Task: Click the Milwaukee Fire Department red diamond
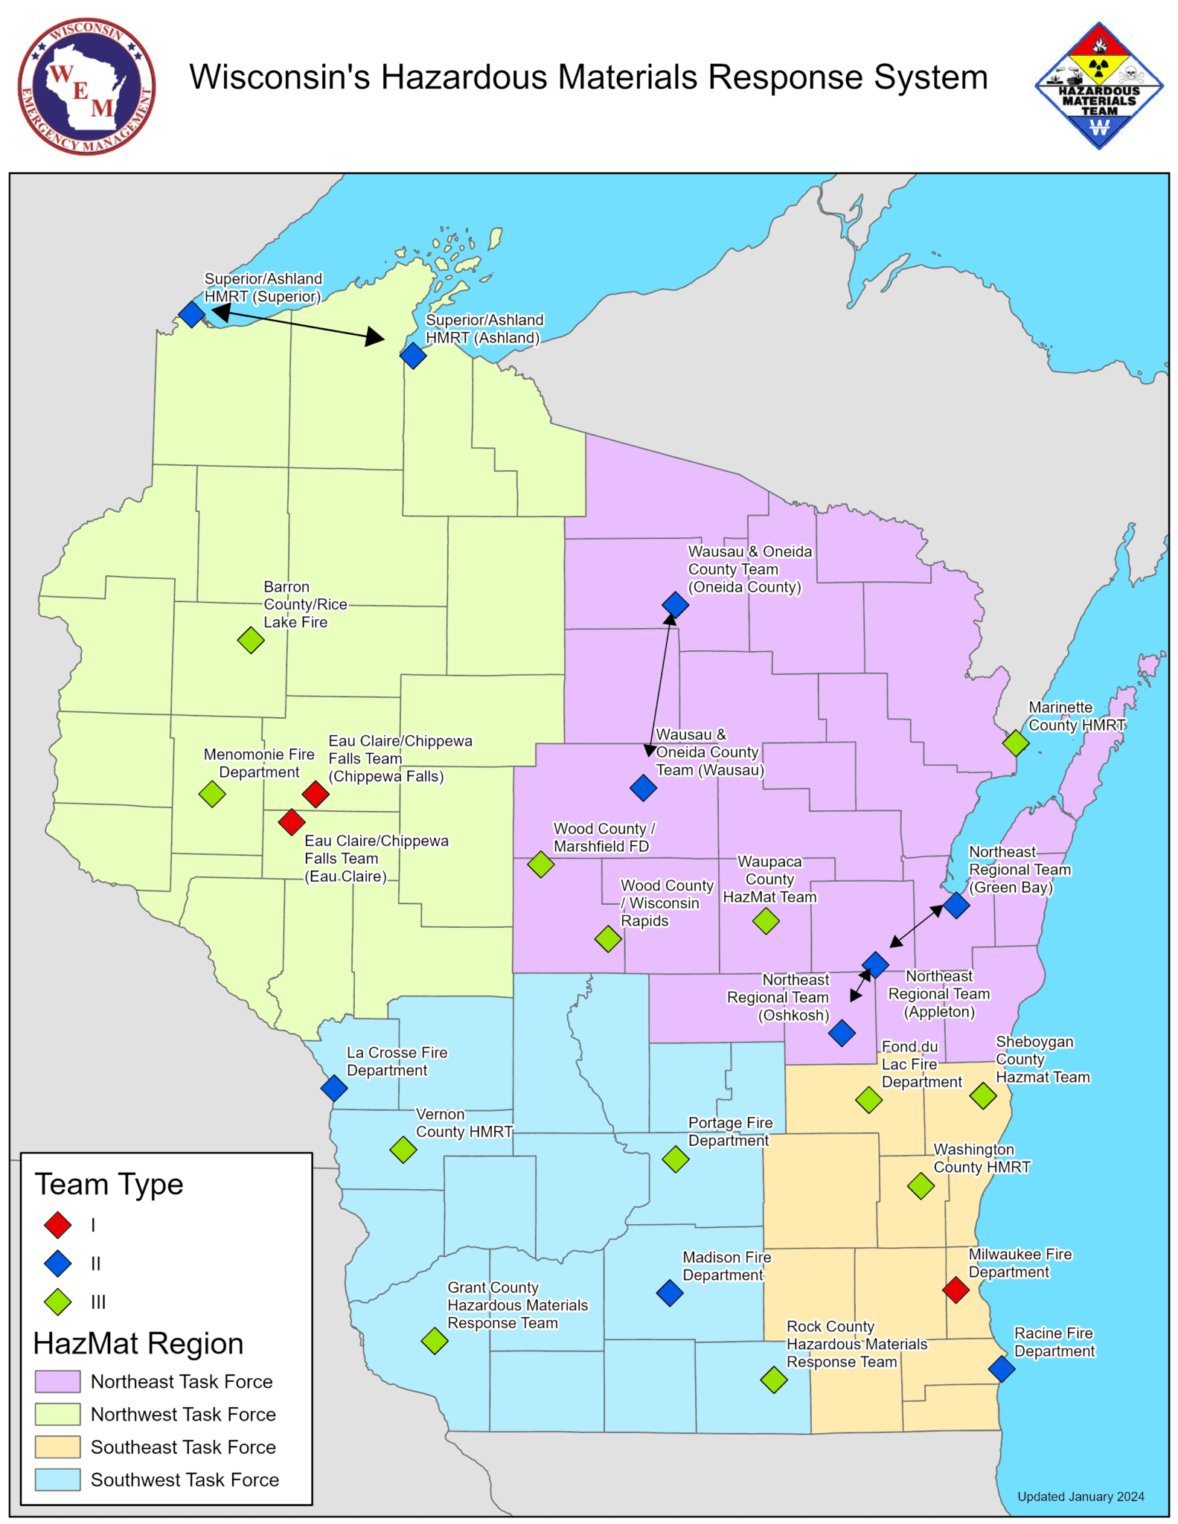click(x=955, y=1290)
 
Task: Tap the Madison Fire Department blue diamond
click(x=670, y=1293)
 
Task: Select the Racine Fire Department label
click(x=1054, y=1342)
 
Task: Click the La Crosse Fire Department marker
click(x=334, y=1088)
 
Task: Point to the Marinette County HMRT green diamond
click(x=1016, y=742)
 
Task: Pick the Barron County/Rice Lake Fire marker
click(x=251, y=639)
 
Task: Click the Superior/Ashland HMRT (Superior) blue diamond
click(x=192, y=314)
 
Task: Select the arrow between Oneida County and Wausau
click(x=660, y=685)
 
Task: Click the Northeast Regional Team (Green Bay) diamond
click(x=956, y=905)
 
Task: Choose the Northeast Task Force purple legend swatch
click(x=57, y=1381)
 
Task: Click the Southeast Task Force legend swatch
click(x=57, y=1447)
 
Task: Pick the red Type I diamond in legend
click(x=57, y=1224)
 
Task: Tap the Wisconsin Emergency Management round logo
click(x=86, y=86)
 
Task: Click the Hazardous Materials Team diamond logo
click(x=1098, y=86)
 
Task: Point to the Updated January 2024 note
click(x=1081, y=1496)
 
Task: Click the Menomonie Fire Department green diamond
click(x=212, y=794)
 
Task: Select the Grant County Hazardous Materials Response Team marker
click(x=435, y=1341)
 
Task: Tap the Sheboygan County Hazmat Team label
click(x=1042, y=1059)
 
